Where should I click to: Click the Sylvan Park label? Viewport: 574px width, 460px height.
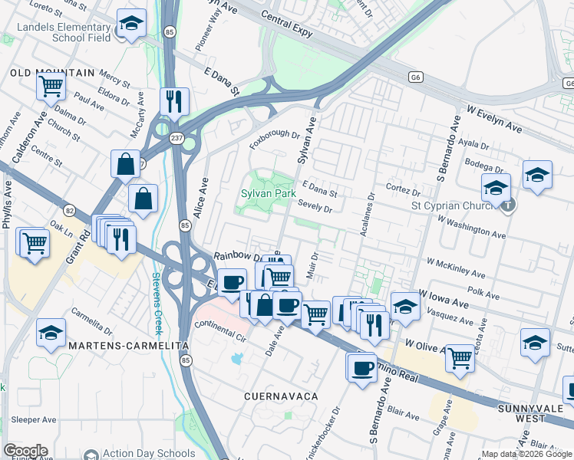pyautogui.click(x=267, y=194)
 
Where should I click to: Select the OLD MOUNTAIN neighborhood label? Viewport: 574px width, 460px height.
pyautogui.click(x=52, y=73)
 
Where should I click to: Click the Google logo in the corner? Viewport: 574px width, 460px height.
pyautogui.click(x=25, y=451)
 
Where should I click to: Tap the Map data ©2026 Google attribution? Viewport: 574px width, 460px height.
pyautogui.click(x=526, y=454)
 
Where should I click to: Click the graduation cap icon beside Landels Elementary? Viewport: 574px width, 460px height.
pyautogui.click(x=131, y=25)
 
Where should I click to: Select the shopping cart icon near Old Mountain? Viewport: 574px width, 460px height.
pyautogui.click(x=51, y=87)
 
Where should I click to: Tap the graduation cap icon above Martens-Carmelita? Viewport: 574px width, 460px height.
pyautogui.click(x=51, y=333)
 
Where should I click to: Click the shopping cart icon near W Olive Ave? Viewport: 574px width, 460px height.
pyautogui.click(x=460, y=356)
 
